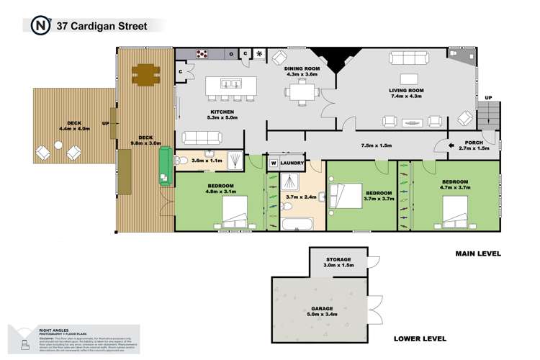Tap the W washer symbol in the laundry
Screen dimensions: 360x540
click(274, 163)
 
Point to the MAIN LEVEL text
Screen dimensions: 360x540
click(477, 253)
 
